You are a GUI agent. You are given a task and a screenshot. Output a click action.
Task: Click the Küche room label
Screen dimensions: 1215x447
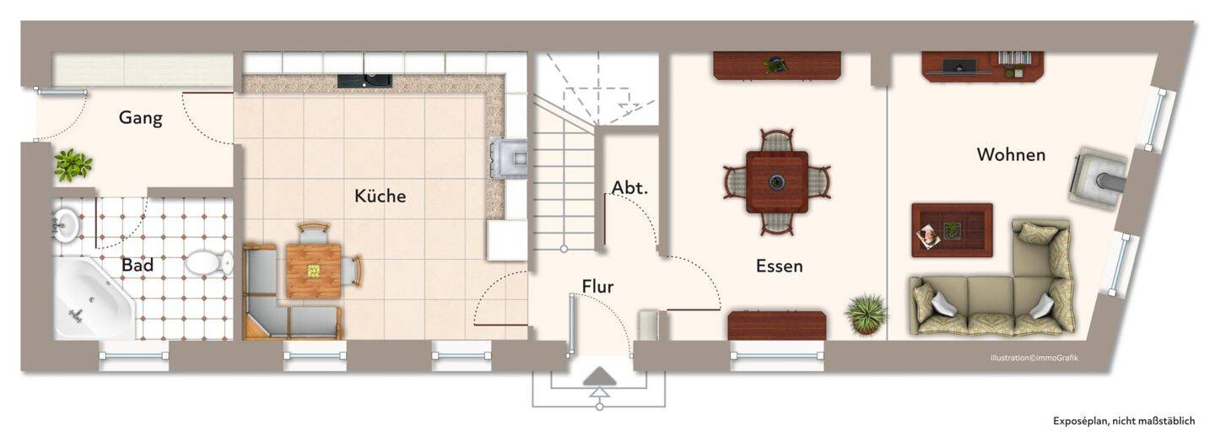pyautogui.click(x=380, y=196)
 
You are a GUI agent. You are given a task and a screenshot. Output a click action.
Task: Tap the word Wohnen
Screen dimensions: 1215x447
pyautogui.click(x=1011, y=154)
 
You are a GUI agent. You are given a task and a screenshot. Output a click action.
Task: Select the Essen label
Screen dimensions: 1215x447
pyautogui.click(x=779, y=266)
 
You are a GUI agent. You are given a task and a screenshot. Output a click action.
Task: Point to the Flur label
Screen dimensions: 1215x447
pyautogui.click(x=597, y=287)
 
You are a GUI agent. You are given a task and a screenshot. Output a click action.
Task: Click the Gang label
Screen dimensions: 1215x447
pyautogui.click(x=140, y=118)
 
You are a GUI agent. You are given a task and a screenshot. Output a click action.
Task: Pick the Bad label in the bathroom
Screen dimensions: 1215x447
pyautogui.click(x=138, y=265)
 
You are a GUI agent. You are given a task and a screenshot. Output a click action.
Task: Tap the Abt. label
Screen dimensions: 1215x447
pyautogui.click(x=629, y=188)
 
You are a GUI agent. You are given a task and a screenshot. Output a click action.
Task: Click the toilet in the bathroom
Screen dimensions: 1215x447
pyautogui.click(x=209, y=263)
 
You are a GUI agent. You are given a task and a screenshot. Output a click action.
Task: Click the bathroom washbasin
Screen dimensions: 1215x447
pyautogui.click(x=67, y=222)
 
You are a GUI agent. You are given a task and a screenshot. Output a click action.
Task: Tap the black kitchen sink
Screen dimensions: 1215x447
pyautogui.click(x=364, y=81)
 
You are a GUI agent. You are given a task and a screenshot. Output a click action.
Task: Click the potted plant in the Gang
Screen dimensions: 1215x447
pyautogui.click(x=73, y=164)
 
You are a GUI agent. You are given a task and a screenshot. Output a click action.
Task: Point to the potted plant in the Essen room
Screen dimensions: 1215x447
pyautogui.click(x=866, y=314)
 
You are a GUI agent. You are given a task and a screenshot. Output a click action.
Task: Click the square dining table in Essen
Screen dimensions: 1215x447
pyautogui.click(x=777, y=181)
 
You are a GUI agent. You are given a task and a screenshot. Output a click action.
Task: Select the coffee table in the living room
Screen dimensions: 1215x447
pyautogui.click(x=952, y=230)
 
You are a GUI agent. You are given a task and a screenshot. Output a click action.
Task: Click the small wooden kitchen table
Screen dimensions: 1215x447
pyautogui.click(x=314, y=271)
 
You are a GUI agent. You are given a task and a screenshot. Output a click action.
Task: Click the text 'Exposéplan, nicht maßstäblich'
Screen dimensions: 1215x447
pyautogui.click(x=1124, y=421)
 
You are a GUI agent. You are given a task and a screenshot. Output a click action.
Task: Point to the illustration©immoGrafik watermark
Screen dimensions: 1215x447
pyautogui.click(x=1034, y=358)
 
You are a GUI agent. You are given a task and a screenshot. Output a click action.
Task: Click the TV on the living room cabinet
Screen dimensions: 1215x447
pyautogui.click(x=959, y=67)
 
